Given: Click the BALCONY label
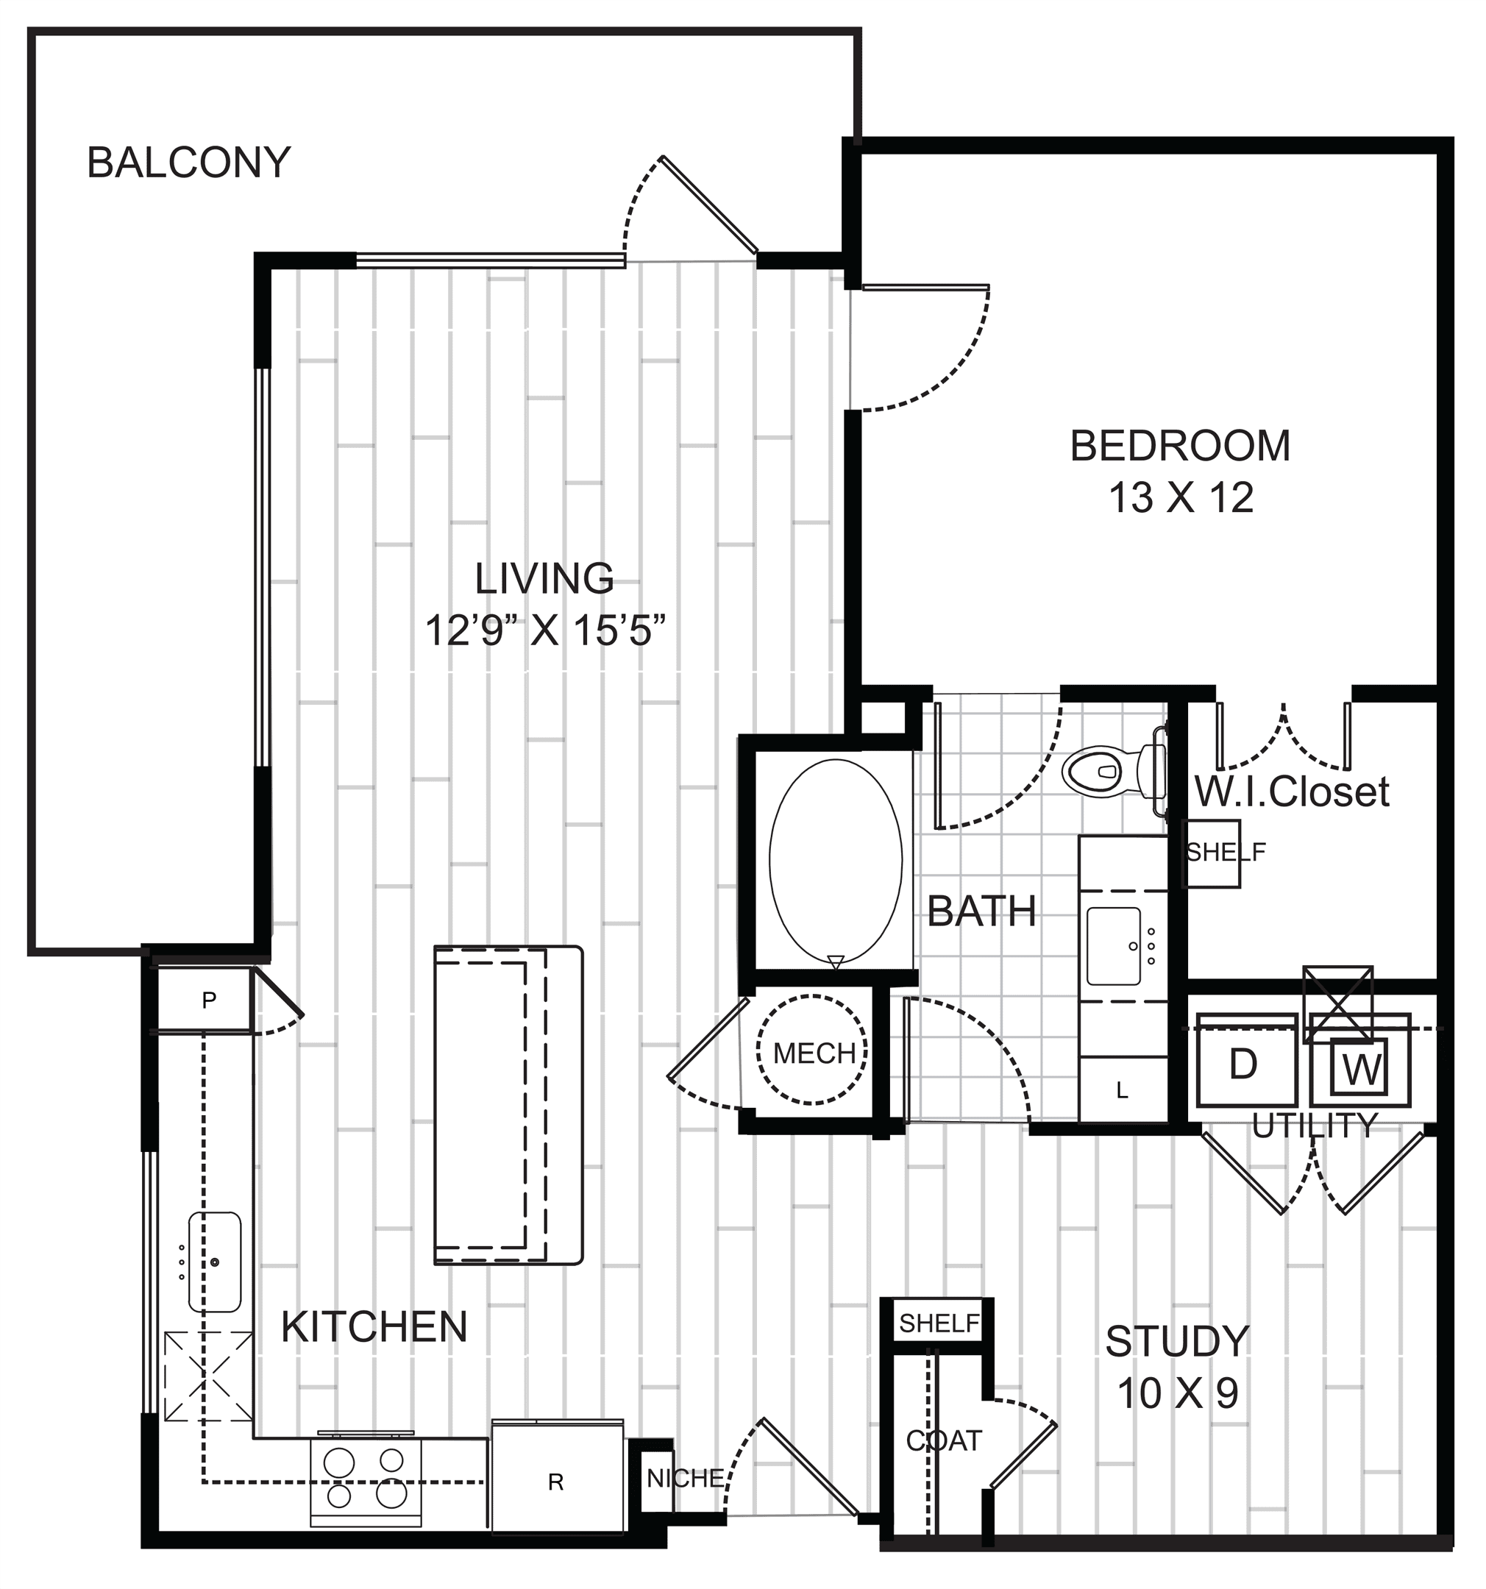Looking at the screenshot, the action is pos(188,163).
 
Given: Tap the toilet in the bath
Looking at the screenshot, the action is pos(1114,770).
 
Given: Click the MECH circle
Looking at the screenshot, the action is pos(812,1050).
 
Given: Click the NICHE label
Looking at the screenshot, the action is pos(685,1479).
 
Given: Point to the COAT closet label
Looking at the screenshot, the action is pos(943,1440).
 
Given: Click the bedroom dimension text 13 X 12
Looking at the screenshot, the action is pos(1181,499).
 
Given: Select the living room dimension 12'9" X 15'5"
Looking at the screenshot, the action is pos(545,630).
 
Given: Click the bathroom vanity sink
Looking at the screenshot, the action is pos(1114,946).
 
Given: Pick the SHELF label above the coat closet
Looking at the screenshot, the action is pos(939,1323).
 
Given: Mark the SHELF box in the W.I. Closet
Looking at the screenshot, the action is pos(1212,853).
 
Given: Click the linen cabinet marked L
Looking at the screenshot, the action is pos(1123,1090).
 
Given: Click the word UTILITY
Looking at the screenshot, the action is pos(1314,1126).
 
